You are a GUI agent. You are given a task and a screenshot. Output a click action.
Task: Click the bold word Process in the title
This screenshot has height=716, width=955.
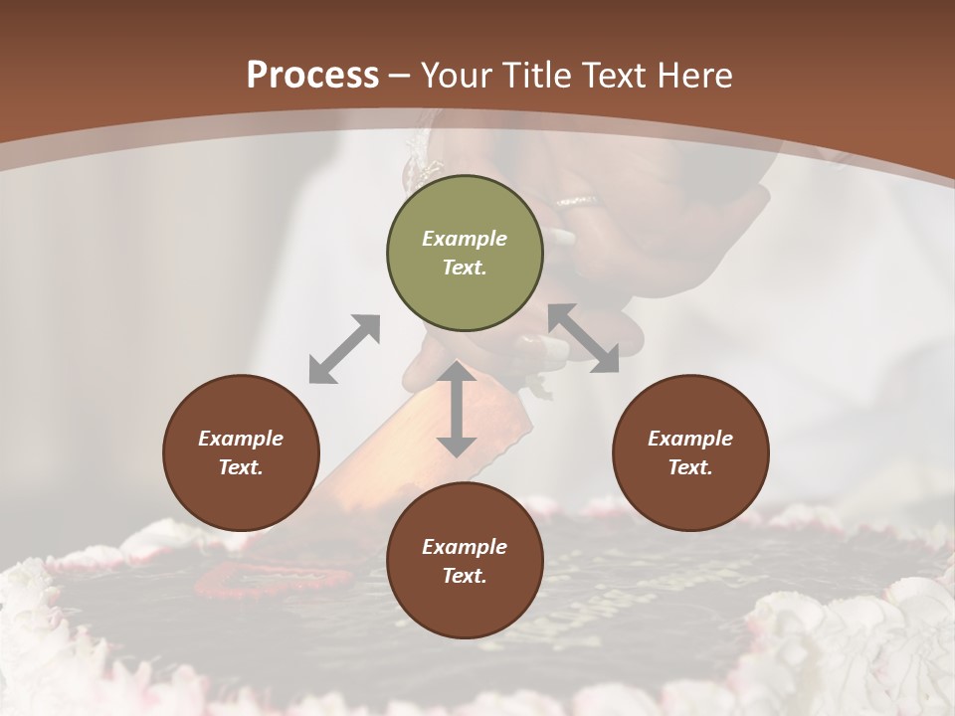[312, 76]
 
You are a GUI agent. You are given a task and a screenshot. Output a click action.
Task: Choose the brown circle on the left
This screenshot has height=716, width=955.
[241, 452]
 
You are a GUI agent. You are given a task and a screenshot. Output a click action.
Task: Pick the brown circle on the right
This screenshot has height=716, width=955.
[690, 452]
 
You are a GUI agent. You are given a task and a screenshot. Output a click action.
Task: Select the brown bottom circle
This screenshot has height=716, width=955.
[465, 560]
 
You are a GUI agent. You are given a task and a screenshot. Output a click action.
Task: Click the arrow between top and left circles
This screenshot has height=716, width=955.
[344, 349]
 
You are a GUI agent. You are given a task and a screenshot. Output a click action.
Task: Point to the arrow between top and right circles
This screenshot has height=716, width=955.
[584, 338]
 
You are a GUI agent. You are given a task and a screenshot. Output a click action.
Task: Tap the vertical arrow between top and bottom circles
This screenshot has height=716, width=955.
[457, 409]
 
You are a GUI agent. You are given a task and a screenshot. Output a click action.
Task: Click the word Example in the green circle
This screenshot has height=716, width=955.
[465, 239]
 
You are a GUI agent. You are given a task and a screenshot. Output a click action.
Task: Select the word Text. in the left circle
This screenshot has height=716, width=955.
[241, 467]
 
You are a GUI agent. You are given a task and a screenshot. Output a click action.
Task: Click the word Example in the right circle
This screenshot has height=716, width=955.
[690, 439]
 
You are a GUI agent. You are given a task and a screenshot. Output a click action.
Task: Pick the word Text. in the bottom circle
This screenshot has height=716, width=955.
[465, 576]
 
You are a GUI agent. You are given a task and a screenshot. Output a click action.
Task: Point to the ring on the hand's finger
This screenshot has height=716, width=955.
[578, 201]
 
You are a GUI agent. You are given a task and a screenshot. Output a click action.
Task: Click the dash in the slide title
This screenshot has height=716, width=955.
[400, 76]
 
